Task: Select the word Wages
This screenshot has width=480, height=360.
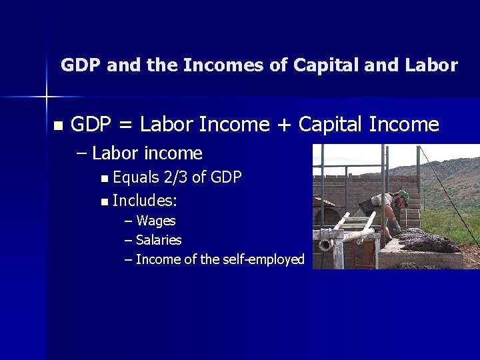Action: point(155,220)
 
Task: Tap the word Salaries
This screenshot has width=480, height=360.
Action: point(159,239)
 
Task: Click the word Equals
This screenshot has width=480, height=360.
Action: point(135,177)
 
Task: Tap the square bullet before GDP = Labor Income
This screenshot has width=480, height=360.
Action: point(57,125)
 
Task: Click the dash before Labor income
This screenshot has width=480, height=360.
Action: point(81,153)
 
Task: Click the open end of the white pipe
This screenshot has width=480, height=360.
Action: point(326,245)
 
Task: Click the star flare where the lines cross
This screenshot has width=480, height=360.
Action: point(47,97)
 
